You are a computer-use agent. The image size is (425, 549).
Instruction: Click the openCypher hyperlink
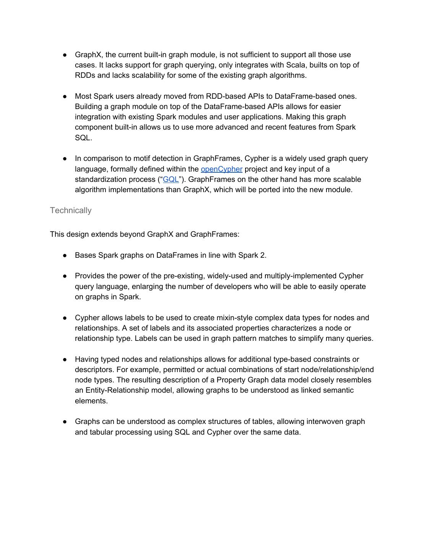pos(221,169)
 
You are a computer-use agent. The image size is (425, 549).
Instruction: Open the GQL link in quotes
pos(171,179)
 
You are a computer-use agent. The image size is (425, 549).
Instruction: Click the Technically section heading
pos(71,210)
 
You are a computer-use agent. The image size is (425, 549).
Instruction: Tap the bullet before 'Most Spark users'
pos(65,96)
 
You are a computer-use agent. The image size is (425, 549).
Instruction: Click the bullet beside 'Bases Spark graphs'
pos(65,255)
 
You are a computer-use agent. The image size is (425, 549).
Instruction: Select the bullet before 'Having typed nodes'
pos(65,359)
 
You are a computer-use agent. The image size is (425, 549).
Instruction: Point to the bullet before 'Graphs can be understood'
pos(65,421)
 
